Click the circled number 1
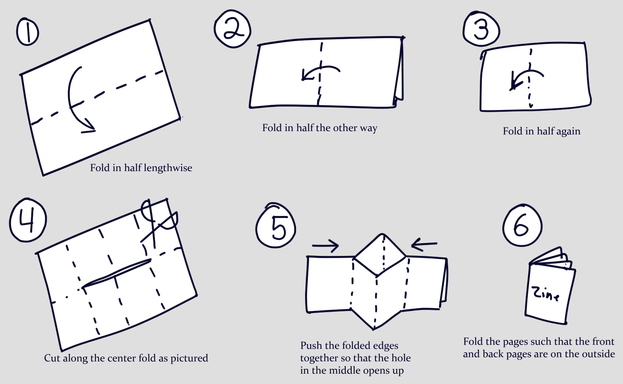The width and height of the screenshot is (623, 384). (x=28, y=32)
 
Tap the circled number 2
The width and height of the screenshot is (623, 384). (x=233, y=29)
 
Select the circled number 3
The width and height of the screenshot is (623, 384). (x=481, y=29)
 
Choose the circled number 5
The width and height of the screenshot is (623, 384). (x=276, y=227)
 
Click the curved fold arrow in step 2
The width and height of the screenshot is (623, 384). (x=320, y=71)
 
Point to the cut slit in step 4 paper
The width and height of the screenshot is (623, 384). (x=116, y=273)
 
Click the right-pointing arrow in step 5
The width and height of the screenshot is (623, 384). (x=325, y=246)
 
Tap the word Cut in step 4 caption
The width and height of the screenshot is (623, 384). (x=52, y=358)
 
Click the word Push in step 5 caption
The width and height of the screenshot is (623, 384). (x=311, y=345)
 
